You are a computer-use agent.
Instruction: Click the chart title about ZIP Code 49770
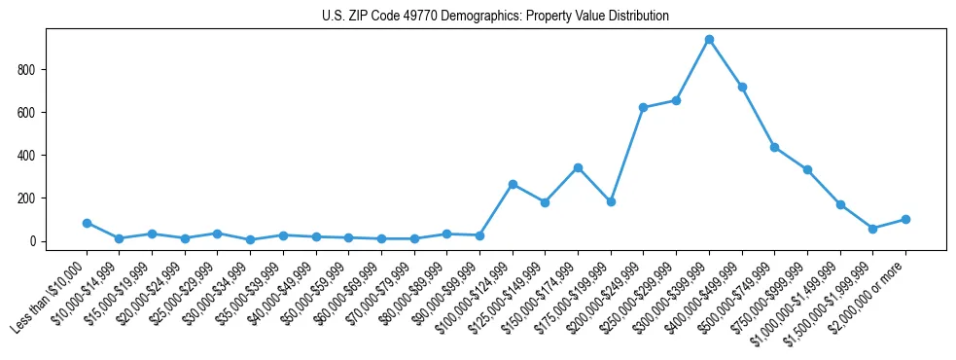(495, 17)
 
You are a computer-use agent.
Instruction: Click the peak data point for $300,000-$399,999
(709, 40)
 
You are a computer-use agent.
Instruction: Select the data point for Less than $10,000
(87, 223)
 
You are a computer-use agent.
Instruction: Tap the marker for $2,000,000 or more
(905, 219)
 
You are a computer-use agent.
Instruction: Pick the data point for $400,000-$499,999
(742, 87)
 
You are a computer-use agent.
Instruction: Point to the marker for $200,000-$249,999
(643, 107)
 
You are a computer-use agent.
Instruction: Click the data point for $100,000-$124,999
(513, 184)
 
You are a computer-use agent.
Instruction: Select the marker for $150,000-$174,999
(578, 167)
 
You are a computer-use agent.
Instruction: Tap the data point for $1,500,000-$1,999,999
(872, 229)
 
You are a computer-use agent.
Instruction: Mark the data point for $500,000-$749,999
(774, 147)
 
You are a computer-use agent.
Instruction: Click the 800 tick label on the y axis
(27, 70)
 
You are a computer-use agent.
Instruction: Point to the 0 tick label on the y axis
(33, 241)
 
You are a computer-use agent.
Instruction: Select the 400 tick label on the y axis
(27, 156)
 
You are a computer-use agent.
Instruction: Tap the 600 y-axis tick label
(27, 113)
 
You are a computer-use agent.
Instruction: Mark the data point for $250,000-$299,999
(676, 100)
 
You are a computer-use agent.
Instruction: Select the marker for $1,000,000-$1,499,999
(840, 204)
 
